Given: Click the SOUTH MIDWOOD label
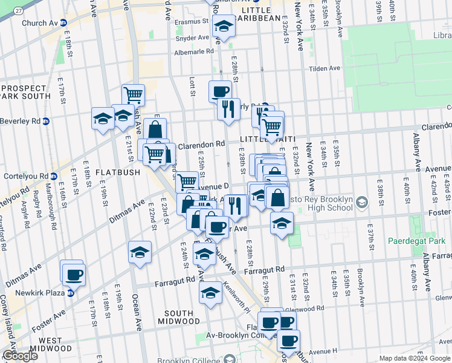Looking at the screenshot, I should tap(170, 318).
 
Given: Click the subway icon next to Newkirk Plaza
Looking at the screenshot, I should tap(70, 293).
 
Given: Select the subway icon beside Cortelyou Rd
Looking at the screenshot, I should tap(53, 177).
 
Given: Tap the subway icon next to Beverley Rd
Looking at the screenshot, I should tap(46, 121).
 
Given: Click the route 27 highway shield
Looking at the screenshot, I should tap(19, 11).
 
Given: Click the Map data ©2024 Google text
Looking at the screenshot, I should tap(415, 358).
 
